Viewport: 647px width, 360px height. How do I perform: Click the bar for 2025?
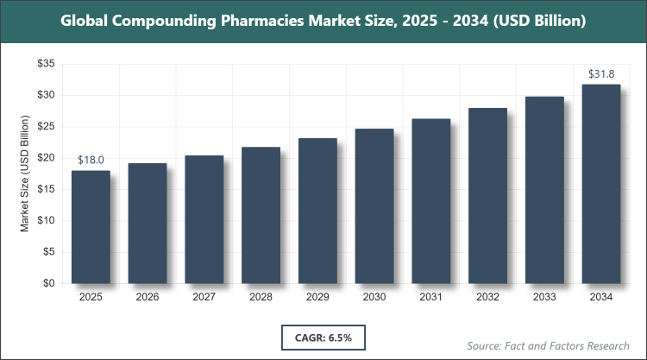91,227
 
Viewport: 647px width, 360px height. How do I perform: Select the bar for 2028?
261,215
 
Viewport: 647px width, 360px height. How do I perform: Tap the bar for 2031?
430,201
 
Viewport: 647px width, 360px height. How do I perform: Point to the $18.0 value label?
91,160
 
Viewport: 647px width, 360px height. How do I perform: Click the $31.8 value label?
601,74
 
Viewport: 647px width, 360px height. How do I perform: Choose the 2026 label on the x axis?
148,297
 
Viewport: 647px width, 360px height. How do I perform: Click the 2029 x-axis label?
317,297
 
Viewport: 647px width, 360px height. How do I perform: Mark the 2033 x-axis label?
544,297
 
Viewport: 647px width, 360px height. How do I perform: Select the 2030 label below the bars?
374,297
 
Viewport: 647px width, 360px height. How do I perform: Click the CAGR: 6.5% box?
323,336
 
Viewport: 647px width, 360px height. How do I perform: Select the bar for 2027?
204,219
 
